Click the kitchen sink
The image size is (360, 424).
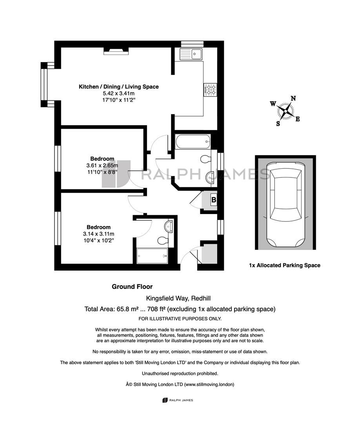(x=191, y=54)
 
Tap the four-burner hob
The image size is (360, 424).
(x=210, y=90)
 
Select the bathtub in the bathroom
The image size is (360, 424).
(x=193, y=142)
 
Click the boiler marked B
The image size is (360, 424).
(x=214, y=200)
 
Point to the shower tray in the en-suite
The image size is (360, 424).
(x=152, y=256)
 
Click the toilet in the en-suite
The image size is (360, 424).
(x=163, y=240)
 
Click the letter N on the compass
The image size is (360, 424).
(x=293, y=99)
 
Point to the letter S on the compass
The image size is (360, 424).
(x=278, y=124)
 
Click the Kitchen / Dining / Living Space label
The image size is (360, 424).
(x=118, y=87)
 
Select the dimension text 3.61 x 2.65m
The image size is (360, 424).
(x=102, y=166)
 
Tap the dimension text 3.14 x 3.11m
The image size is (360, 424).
(x=98, y=234)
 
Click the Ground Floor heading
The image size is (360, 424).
(x=132, y=287)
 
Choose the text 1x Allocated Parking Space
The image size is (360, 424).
(x=285, y=265)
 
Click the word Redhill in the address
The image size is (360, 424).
(x=201, y=298)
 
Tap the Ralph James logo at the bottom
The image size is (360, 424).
(x=178, y=400)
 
